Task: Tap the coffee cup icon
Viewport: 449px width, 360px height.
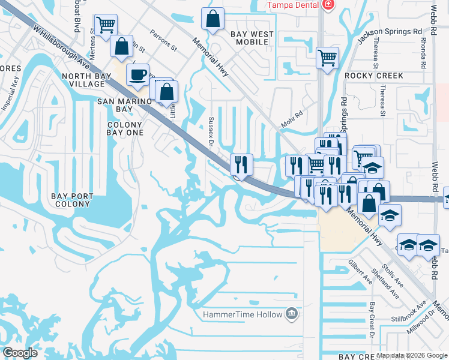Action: [x=137, y=74]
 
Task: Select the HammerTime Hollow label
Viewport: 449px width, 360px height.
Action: [x=243, y=314]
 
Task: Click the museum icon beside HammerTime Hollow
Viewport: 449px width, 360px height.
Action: [x=291, y=313]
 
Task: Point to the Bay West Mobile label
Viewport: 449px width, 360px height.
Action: [x=253, y=38]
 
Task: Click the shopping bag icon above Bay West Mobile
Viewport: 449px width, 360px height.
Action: [x=213, y=19]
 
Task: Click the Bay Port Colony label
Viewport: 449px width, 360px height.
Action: [x=72, y=200]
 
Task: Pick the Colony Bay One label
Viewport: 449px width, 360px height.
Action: [x=125, y=128]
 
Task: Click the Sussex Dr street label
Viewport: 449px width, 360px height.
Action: [x=211, y=132]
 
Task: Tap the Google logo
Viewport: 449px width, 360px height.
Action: [x=20, y=353]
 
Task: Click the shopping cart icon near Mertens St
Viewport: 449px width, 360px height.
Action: [x=106, y=25]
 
